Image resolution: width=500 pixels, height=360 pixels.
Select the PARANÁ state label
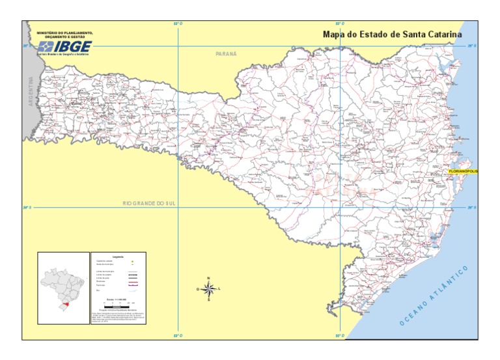coord(227,54)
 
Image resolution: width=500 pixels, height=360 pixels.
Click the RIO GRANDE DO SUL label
coord(149,204)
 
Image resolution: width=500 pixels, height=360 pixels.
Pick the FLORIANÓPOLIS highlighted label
coord(463,171)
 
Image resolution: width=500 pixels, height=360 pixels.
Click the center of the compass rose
coord(208,288)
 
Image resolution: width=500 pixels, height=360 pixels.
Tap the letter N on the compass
coord(208,279)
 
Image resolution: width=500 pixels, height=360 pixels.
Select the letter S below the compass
coord(208,300)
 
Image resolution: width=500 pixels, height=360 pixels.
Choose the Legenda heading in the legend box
coord(118,257)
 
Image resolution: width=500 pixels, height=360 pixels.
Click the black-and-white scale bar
coord(118,304)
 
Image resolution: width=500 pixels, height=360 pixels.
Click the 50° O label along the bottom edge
coord(340,336)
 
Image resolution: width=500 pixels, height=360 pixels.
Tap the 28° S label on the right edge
coord(472,208)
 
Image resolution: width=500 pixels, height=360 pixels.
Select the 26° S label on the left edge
coord(27,46)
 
